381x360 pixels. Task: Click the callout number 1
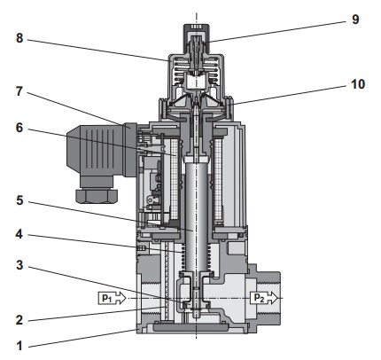(x=19, y=345)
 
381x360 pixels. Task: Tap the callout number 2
(x=19, y=320)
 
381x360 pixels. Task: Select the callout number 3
(x=19, y=265)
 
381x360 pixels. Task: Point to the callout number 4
(x=19, y=234)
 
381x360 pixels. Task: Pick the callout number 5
(x=19, y=200)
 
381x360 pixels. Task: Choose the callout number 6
(x=19, y=128)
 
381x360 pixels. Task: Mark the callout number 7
(x=19, y=91)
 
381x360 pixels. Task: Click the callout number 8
(x=19, y=38)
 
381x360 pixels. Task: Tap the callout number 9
(x=355, y=20)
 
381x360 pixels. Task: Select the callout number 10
(x=358, y=84)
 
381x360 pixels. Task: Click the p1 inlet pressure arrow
(x=113, y=298)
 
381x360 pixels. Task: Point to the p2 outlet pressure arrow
(x=264, y=298)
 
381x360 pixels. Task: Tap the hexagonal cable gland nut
(x=97, y=196)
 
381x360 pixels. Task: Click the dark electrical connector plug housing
(x=98, y=152)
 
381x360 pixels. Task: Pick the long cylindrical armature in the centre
(x=197, y=215)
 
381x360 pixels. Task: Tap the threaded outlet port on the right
(x=269, y=298)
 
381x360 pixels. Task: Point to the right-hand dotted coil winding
(x=218, y=179)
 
